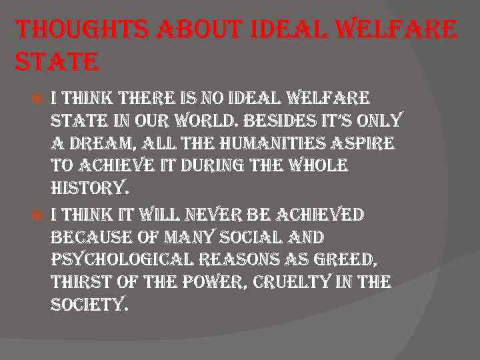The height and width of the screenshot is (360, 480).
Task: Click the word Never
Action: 221,215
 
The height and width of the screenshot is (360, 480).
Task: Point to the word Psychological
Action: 118,261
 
